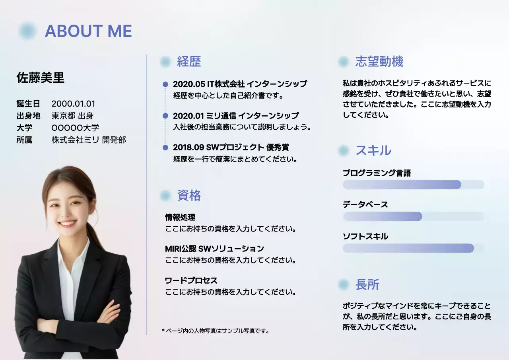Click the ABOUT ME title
pos(88,31)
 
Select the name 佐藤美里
pos(40,78)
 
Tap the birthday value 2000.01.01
pos(74,104)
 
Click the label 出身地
pos(28,116)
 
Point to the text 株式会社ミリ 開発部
pos(89,140)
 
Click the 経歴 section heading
pos(189,62)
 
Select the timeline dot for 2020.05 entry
pos(165,84)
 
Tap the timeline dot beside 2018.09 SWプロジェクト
pos(165,148)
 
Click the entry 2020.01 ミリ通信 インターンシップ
pos(235,116)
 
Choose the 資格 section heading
pos(189,195)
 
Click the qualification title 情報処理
pos(180,217)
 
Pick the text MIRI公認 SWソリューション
pos(214,249)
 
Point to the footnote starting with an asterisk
pos(216,331)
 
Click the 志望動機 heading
pos(379,62)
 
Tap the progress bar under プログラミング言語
pos(413,185)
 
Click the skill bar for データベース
pos(413,216)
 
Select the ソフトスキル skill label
pos(365,236)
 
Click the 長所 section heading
pos(367,284)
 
